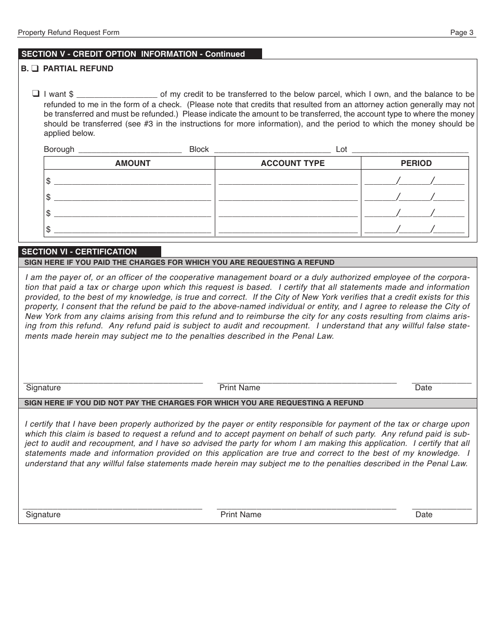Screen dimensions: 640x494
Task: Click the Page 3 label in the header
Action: coord(462,32)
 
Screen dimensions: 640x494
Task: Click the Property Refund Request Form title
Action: coord(69,32)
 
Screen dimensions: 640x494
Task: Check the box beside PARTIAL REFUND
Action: coord(35,69)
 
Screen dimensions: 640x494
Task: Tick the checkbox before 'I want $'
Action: coord(36,94)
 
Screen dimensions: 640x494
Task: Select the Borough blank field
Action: coord(129,149)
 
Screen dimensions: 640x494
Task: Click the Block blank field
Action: coord(272,149)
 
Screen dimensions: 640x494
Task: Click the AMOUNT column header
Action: coord(133,163)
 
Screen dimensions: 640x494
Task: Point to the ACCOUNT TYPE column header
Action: coord(292,163)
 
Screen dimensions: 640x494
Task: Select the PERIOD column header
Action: coord(416,163)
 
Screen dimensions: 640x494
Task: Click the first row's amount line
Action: coord(132,181)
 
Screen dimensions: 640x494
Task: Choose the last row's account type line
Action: coord(288,229)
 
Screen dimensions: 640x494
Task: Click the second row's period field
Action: coord(414,197)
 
